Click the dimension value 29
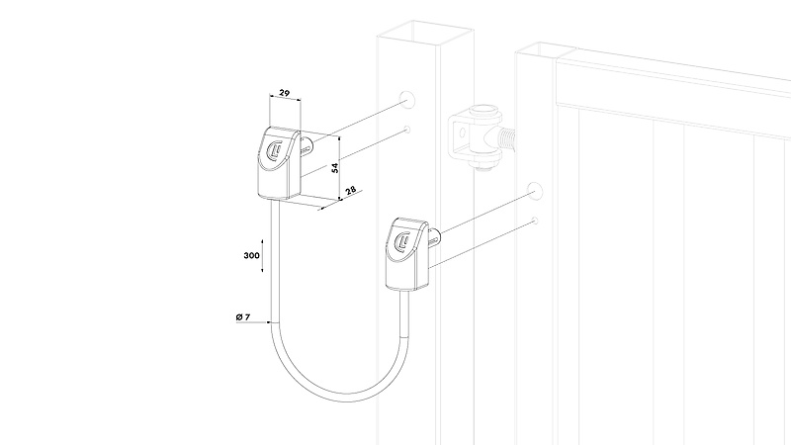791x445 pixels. [285, 93]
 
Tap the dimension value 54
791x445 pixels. [335, 167]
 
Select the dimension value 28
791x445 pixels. [351, 190]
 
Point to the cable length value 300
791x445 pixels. [252, 255]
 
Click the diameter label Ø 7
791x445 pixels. [242, 316]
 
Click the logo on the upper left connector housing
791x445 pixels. [275, 150]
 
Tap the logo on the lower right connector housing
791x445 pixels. [403, 241]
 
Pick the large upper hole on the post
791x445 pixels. [407, 98]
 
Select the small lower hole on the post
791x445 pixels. [407, 130]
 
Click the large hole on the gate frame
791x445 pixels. [535, 191]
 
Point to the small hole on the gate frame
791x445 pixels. [535, 221]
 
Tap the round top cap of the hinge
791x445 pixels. [484, 111]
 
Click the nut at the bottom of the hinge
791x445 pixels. [484, 165]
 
